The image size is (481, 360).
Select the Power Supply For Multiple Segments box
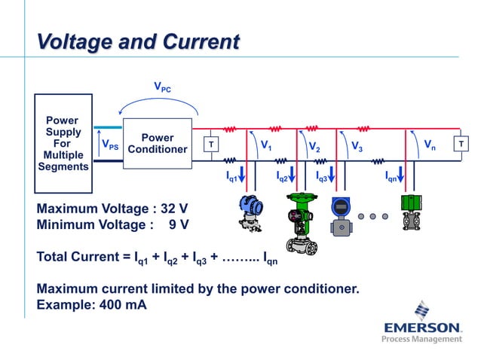coord(63,143)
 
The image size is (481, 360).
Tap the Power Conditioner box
coord(158,143)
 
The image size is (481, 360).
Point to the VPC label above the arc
coord(162,87)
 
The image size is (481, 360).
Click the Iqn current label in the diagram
coord(391,176)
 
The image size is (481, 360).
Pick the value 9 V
coord(179,224)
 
